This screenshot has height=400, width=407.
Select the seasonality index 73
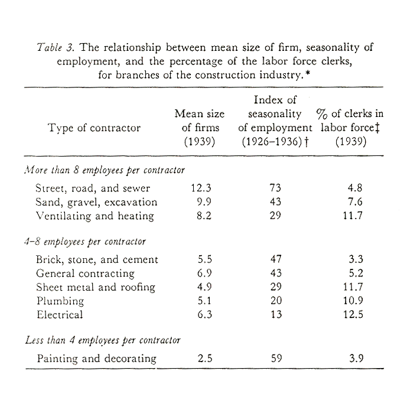[x=275, y=188]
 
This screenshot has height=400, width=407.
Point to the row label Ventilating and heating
[x=95, y=216]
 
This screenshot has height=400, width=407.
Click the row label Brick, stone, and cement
[x=97, y=259]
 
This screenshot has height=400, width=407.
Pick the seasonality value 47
[x=275, y=259]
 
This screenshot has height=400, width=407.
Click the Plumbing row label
[x=60, y=301]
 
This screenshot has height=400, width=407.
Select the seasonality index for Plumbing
[x=275, y=301]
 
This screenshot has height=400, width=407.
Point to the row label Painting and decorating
[x=96, y=358]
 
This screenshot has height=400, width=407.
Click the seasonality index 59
[x=275, y=358]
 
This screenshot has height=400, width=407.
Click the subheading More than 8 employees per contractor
[x=105, y=170]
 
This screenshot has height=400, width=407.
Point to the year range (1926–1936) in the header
[x=275, y=142]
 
